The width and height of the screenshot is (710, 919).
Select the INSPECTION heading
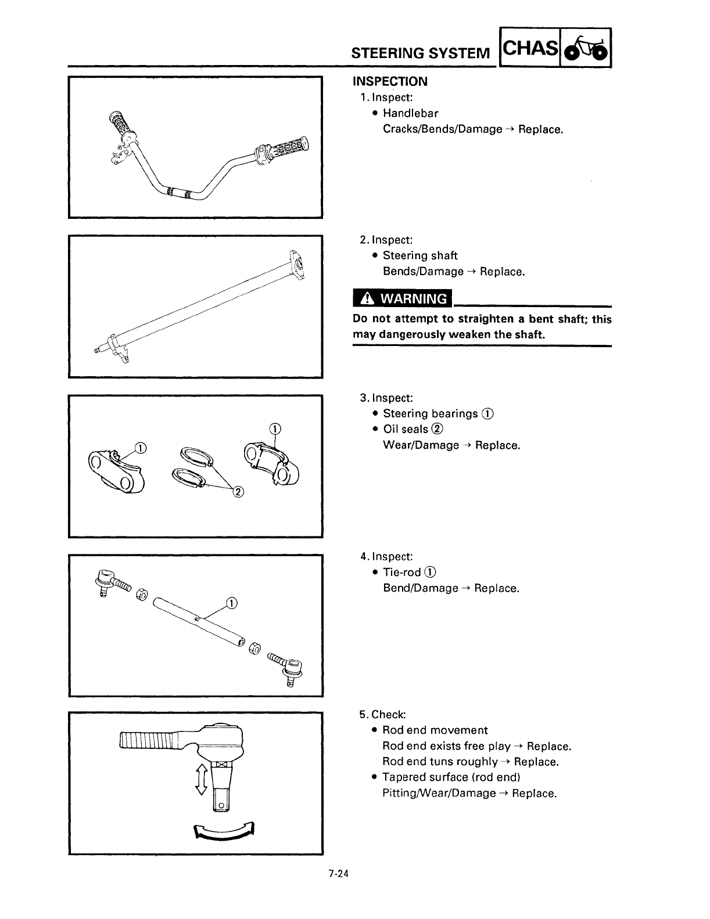click(390, 81)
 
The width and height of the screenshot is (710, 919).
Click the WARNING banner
click(403, 299)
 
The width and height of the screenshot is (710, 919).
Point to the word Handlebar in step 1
click(410, 113)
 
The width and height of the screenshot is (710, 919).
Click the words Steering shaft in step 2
click(420, 255)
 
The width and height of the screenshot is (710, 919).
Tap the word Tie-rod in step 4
click(401, 572)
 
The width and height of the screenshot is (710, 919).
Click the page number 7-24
click(338, 873)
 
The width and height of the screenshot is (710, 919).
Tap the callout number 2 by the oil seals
click(237, 492)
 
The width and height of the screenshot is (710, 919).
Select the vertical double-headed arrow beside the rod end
click(202, 779)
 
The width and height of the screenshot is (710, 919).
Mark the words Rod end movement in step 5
click(435, 730)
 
